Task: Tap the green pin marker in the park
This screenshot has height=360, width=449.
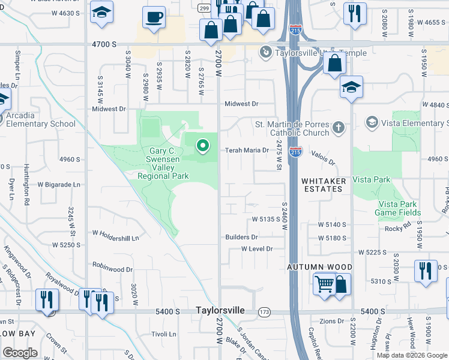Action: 203,146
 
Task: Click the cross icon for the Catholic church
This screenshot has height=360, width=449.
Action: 339,127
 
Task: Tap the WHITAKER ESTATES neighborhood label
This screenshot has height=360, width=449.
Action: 321,184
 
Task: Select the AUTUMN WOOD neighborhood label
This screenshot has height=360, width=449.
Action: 319,266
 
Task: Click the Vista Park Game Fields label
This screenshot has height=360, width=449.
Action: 398,208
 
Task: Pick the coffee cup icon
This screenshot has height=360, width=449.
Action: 154,17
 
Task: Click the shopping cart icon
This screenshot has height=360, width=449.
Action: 324,284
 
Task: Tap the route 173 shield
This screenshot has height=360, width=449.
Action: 264,312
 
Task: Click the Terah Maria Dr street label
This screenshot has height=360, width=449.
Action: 246,150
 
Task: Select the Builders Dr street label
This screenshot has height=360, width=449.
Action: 241,238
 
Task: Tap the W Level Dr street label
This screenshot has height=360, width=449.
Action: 257,248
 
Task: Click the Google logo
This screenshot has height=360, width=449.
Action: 20,353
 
